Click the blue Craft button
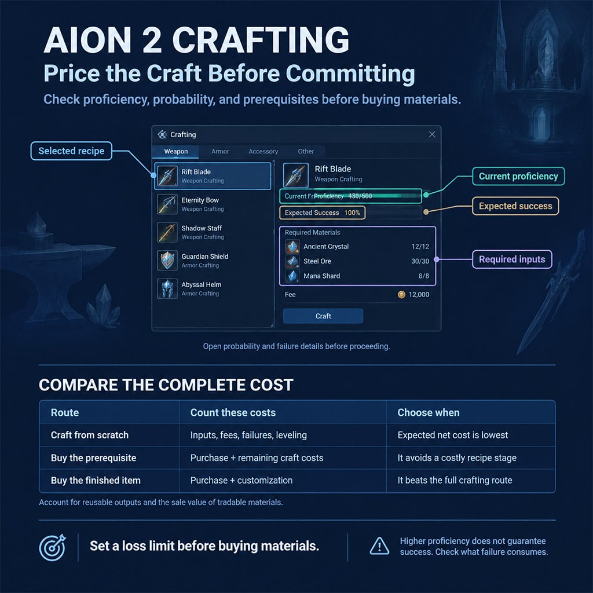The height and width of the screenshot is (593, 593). pyautogui.click(x=323, y=316)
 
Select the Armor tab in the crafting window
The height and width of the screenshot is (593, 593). pyautogui.click(x=220, y=151)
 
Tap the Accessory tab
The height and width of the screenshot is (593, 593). pyautogui.click(x=263, y=151)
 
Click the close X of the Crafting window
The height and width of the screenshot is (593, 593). pyautogui.click(x=432, y=134)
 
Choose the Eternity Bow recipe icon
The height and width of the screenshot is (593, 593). pyautogui.click(x=167, y=204)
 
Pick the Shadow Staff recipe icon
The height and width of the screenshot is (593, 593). pyautogui.click(x=167, y=232)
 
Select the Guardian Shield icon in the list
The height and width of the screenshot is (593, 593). pyautogui.click(x=167, y=260)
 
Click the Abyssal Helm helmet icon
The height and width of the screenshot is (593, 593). pyautogui.click(x=167, y=288)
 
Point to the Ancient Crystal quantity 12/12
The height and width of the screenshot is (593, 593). pyautogui.click(x=420, y=247)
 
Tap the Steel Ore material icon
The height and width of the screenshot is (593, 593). pyautogui.click(x=292, y=261)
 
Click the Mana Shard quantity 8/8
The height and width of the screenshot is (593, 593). pyautogui.click(x=423, y=276)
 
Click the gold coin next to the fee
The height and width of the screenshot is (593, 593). pyautogui.click(x=401, y=295)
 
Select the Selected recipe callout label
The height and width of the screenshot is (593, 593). pyautogui.click(x=71, y=151)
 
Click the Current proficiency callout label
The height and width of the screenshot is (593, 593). pyautogui.click(x=518, y=176)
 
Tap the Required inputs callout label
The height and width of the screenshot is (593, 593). pyautogui.click(x=512, y=259)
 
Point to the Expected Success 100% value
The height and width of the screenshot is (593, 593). pyautogui.click(x=352, y=213)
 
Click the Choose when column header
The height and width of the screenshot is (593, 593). pyautogui.click(x=429, y=412)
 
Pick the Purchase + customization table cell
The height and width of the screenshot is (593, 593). pyautogui.click(x=241, y=480)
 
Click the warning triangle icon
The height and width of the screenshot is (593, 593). pyautogui.click(x=379, y=546)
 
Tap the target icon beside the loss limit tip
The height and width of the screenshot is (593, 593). pyautogui.click(x=53, y=547)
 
